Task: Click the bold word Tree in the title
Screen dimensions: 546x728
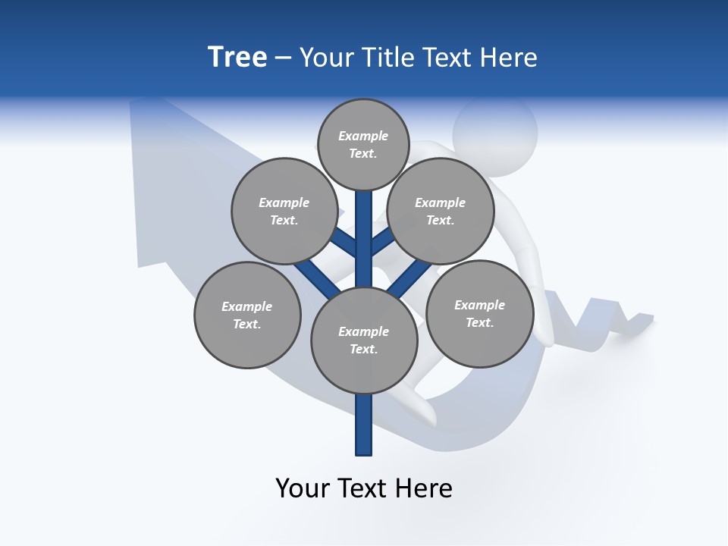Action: tap(237, 58)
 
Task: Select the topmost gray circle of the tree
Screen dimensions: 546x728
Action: tap(363, 145)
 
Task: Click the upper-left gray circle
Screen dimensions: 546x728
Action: tap(284, 211)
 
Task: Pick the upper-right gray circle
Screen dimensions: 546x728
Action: tap(440, 211)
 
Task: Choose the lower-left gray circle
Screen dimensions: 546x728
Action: tap(247, 315)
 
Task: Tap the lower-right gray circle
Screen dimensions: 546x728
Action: tap(479, 313)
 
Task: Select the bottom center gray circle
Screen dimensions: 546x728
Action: tap(363, 340)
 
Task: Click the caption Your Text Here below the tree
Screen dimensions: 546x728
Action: tap(363, 488)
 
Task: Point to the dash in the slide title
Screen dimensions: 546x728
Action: tap(283, 58)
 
